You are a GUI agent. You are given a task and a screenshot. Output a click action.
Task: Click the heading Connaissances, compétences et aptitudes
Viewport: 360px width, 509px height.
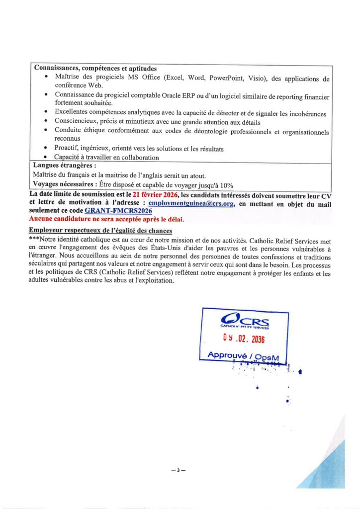tap(95, 68)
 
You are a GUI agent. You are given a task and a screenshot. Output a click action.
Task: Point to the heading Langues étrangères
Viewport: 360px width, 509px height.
tap(64, 166)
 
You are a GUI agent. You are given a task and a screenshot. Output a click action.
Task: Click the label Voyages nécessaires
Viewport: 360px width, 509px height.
tap(65, 184)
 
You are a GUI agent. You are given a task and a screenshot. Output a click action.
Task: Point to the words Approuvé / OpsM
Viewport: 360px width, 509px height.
tap(243, 356)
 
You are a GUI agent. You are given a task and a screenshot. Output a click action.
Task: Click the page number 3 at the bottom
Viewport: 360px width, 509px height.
tap(178, 469)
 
